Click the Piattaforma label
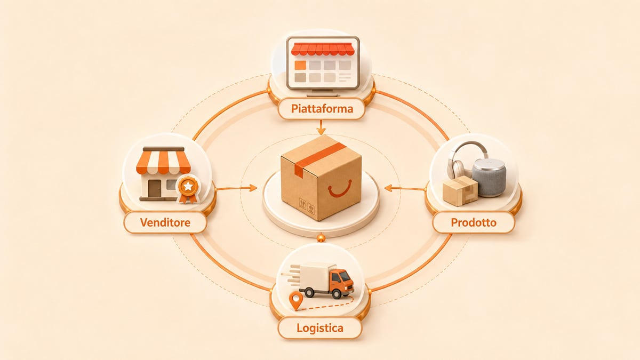322,109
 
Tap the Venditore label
165,222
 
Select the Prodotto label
474,222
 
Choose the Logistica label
320,327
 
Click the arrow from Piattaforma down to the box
321,127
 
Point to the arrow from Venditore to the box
237,188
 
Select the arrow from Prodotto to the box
405,188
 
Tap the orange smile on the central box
340,189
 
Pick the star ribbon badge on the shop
188,189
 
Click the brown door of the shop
154,189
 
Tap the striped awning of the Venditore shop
163,161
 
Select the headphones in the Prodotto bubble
465,160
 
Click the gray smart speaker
489,178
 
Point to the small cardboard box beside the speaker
460,191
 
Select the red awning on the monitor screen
323,49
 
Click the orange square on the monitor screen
300,65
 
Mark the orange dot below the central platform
321,237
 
